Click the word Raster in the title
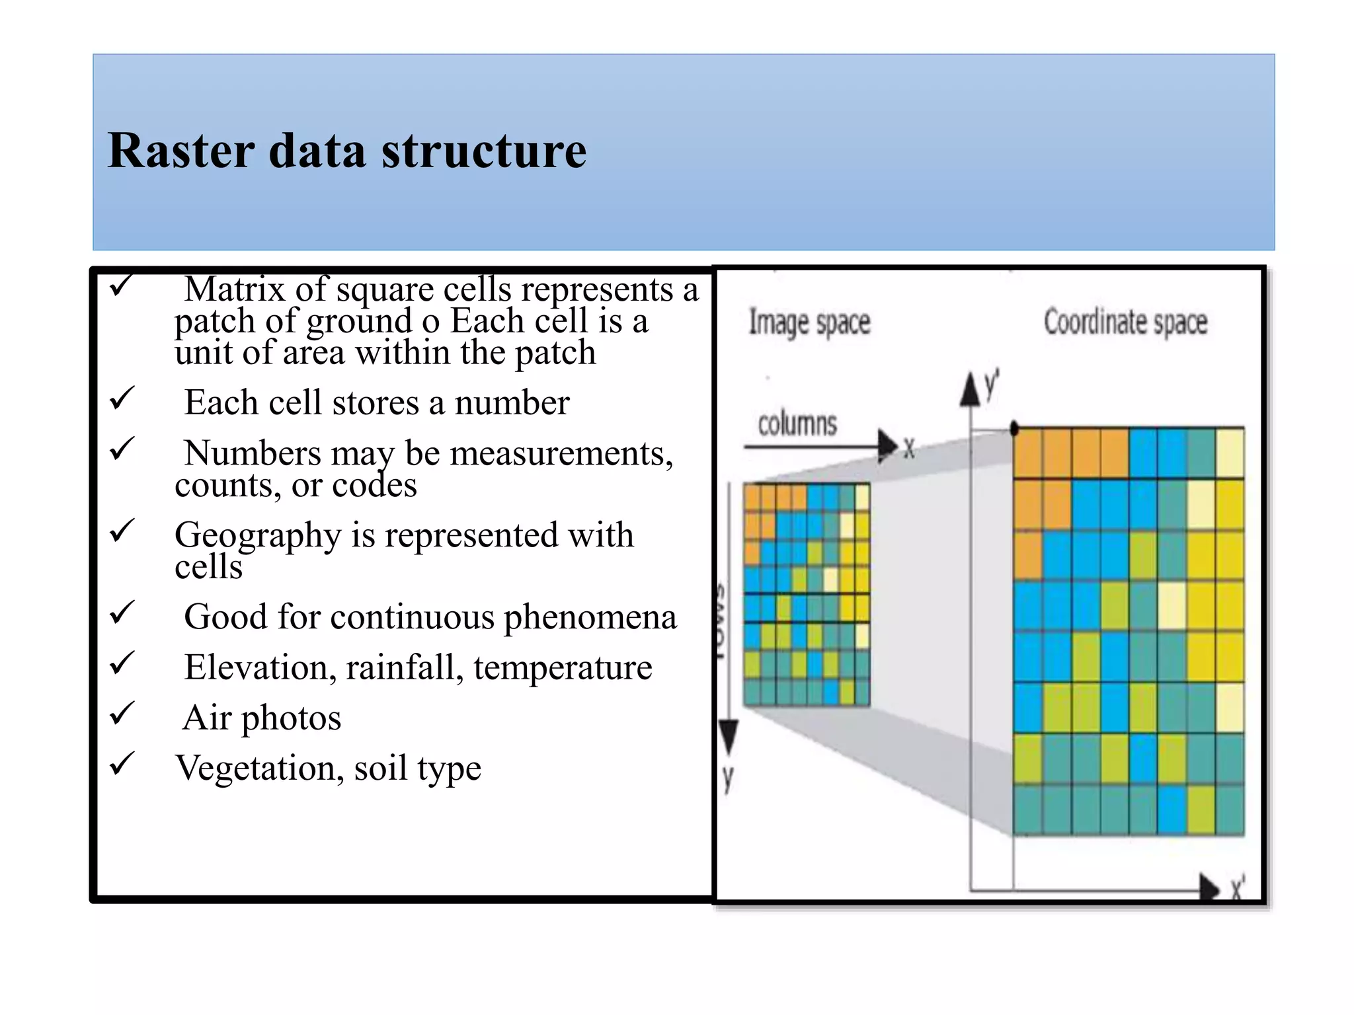[x=180, y=151]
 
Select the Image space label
[x=809, y=322]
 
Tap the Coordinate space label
[x=1125, y=322]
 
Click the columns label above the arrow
[x=797, y=424]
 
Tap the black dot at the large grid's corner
[x=1014, y=429]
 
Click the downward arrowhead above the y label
[x=728, y=736]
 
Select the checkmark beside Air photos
[x=122, y=714]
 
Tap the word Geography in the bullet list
[x=257, y=535]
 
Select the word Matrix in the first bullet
[x=234, y=289]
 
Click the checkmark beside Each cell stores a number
[x=122, y=398]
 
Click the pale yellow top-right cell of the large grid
[x=1230, y=453]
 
